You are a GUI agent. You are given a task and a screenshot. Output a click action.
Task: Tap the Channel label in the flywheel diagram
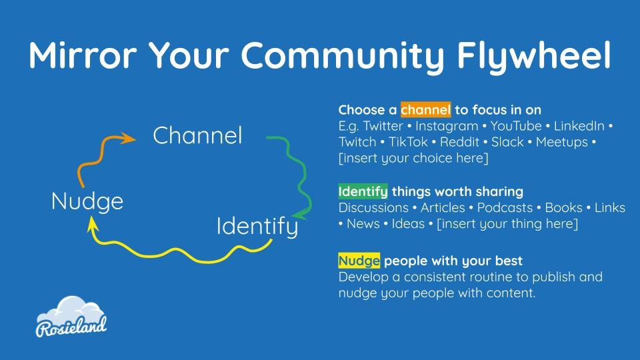[x=197, y=135]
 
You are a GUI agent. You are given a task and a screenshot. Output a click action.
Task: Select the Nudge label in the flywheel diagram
[x=87, y=201]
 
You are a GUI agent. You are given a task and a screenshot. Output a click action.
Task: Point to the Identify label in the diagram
[x=257, y=227]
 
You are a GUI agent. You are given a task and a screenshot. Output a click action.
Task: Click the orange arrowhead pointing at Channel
[x=127, y=139]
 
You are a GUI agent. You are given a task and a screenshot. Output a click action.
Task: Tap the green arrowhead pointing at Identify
[x=300, y=214]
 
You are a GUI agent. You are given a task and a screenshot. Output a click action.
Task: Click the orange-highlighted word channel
[x=426, y=109]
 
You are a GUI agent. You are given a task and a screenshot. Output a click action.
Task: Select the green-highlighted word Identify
[x=363, y=191]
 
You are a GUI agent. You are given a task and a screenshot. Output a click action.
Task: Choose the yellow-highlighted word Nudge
[x=359, y=261]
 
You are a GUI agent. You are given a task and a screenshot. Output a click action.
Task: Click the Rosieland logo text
[x=71, y=326]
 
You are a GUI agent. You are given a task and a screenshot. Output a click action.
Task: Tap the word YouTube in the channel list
[x=516, y=126]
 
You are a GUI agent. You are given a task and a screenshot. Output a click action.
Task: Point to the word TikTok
[x=408, y=142]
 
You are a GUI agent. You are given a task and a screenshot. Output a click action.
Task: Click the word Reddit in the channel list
[x=459, y=142]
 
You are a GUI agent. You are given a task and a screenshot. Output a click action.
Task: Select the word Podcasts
[x=505, y=207]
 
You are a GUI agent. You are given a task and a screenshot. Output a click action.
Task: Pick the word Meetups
[x=561, y=143]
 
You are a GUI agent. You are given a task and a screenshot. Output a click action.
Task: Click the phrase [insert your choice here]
[x=413, y=158]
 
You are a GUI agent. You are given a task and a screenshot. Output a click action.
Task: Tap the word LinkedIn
[x=579, y=126]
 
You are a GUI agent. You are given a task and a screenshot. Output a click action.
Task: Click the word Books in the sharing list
[x=564, y=207]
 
